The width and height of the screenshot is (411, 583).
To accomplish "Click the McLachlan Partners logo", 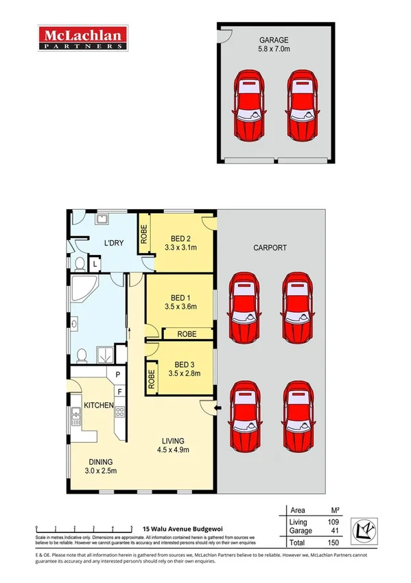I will pyautogui.click(x=82, y=38).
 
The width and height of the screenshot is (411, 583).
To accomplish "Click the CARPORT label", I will pyautogui.click(x=270, y=247).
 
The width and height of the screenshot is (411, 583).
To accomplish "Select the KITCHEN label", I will pyautogui.click(x=98, y=406).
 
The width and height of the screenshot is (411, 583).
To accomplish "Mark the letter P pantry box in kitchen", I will pyautogui.click(x=119, y=375).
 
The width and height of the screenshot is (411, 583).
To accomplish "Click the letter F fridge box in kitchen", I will pyautogui.click(x=119, y=391).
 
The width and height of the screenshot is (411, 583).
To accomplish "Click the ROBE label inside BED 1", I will pyautogui.click(x=187, y=333).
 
